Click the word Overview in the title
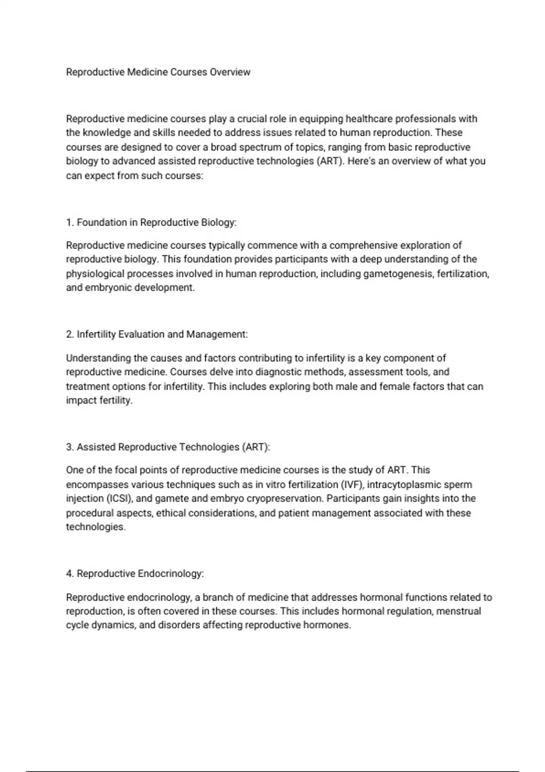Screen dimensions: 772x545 230,72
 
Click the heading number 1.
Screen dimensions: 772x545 70,223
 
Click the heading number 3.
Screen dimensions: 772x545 70,447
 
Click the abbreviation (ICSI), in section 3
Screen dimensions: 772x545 120,499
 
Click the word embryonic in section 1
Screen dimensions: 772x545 108,288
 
